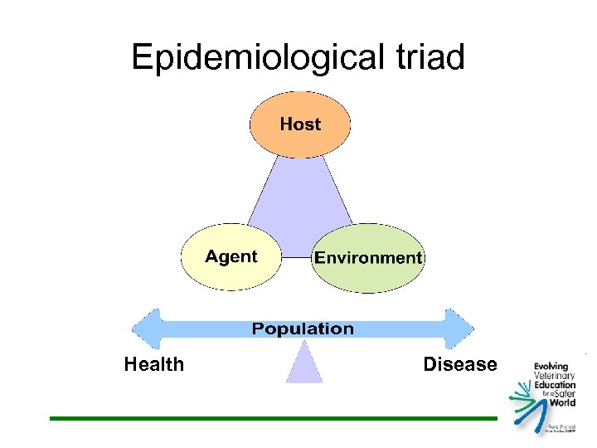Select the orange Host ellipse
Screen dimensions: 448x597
[300, 124]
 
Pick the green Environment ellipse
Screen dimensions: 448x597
[368, 258]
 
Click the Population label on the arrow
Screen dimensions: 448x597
[303, 329]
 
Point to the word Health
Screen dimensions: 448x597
[154, 364]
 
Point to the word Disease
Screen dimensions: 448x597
[460, 364]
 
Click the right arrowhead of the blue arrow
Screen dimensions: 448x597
[460, 329]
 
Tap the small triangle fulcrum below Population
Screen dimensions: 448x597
[304, 364]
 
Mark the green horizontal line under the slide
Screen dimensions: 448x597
[274, 418]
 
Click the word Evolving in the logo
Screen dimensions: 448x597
[551, 366]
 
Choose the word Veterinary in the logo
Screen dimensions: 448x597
[554, 376]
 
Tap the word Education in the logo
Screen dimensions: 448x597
[554, 386]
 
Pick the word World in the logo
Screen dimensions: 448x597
[561, 404]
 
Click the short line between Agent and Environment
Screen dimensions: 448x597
[297, 257]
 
